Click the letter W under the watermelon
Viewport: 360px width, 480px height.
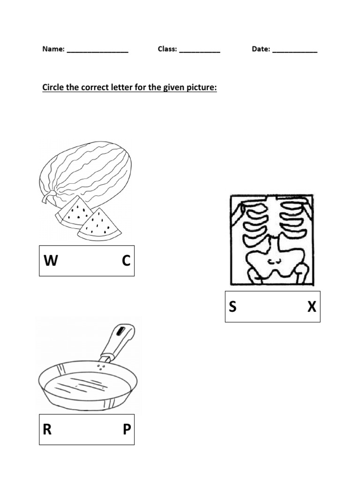pyautogui.click(x=51, y=261)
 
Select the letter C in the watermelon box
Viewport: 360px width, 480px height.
pyautogui.click(x=126, y=261)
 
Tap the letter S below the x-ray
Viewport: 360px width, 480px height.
pyautogui.click(x=233, y=307)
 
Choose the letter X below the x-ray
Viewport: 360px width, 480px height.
pyautogui.click(x=312, y=307)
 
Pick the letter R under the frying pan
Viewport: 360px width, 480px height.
pyautogui.click(x=47, y=430)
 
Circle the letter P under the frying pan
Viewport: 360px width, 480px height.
pyautogui.click(x=127, y=430)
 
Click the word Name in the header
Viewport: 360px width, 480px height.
pyautogui.click(x=53, y=49)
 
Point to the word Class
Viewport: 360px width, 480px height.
pyautogui.click(x=167, y=49)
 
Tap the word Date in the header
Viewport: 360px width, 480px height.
pyautogui.click(x=261, y=49)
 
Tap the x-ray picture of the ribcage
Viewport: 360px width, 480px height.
pyautogui.click(x=271, y=240)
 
